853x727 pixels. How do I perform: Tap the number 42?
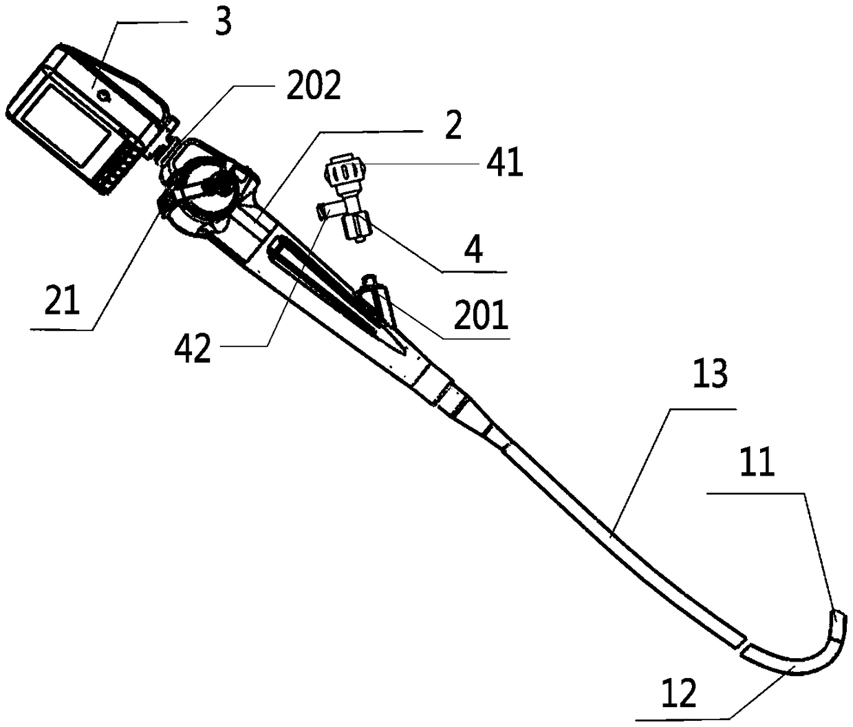193,350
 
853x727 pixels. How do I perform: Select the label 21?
62,300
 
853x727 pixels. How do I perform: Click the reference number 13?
709,377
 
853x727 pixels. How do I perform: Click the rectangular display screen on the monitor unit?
69,128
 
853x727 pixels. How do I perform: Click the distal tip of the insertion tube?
840,620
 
